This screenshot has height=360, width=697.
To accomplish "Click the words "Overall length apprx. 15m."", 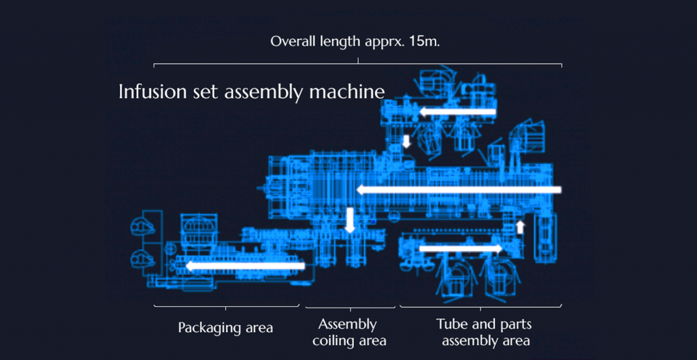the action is point(355,42).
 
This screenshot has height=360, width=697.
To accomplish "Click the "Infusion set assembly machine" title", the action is point(252,92).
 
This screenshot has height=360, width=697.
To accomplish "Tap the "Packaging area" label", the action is point(225,328).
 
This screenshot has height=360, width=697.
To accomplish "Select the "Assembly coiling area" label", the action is point(350,333).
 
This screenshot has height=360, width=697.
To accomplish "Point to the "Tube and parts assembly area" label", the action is point(484,333).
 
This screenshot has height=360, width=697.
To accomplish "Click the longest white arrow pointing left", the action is point(459,190).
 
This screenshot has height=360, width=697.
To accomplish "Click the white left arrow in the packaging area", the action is point(245,266).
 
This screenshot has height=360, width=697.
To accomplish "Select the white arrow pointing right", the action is point(461,248).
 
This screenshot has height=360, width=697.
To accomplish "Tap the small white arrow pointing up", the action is point(520,227).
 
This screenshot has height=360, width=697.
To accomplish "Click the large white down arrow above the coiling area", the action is point(350,220).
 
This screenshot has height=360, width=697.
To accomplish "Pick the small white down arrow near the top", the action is point(406,142).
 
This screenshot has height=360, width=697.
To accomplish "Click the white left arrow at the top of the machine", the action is point(457,112).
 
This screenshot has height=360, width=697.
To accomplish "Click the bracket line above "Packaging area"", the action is point(226,306).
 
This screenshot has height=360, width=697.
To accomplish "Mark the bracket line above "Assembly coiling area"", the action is point(351,308).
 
